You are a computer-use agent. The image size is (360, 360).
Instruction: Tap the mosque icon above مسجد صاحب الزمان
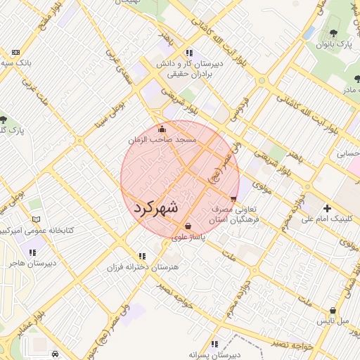point(162,129)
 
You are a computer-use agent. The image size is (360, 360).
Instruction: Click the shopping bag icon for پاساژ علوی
point(188,226)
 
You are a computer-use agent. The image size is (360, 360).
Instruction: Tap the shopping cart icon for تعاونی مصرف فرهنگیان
point(233,199)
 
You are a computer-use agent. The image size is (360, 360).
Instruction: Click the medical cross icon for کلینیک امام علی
point(327,208)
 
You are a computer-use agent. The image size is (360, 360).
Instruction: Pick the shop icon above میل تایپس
point(333,311)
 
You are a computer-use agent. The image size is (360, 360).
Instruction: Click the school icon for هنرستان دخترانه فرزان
point(143,256)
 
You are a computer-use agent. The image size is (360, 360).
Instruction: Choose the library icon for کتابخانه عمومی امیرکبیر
point(37,219)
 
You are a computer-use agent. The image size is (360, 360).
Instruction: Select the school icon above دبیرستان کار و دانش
point(189,53)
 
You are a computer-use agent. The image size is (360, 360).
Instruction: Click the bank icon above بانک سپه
point(16,53)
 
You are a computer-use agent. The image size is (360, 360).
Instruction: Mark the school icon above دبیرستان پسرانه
point(214,344)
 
